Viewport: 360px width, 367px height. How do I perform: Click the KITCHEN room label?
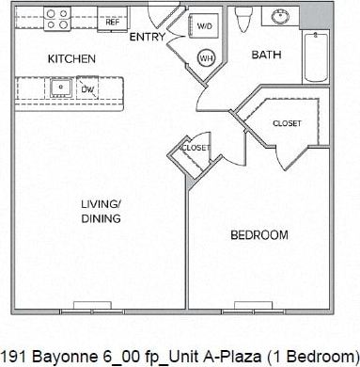click(x=71, y=59)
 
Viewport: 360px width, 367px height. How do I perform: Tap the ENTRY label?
click(x=148, y=38)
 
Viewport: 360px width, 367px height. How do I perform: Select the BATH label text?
click(x=266, y=55)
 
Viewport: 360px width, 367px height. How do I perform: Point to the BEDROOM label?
click(x=258, y=234)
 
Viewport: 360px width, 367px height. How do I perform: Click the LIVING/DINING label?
click(x=101, y=211)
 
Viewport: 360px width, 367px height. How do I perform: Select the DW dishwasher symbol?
click(x=86, y=89)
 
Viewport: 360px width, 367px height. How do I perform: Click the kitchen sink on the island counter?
click(x=61, y=88)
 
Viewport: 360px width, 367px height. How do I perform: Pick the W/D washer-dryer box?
click(x=205, y=26)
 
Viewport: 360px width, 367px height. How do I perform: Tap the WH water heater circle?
click(x=206, y=58)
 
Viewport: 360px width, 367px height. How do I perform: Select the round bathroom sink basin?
click(x=280, y=17)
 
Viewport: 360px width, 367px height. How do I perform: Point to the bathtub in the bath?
click(x=316, y=56)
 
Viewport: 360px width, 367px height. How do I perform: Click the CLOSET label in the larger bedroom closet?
click(x=287, y=123)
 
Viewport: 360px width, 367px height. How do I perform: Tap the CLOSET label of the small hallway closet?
click(x=195, y=148)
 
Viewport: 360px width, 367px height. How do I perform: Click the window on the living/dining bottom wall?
click(x=100, y=307)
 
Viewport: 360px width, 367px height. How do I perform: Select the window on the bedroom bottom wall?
click(x=258, y=307)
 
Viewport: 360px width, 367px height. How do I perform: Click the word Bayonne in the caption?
click(x=56, y=355)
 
